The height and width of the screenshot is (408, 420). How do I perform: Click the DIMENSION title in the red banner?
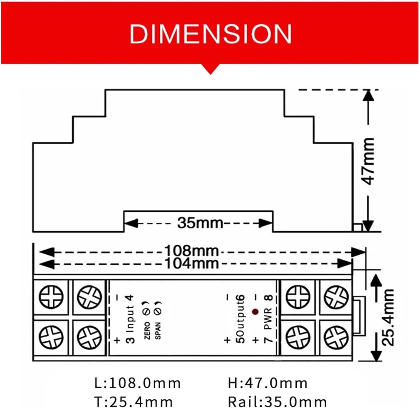[x=210, y=34]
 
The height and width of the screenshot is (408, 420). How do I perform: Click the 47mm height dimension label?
[x=368, y=161]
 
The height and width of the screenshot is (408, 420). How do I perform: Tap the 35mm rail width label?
[x=200, y=223]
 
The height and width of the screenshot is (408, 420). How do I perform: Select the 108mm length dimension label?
[x=191, y=251]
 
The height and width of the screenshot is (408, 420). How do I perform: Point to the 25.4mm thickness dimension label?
[x=388, y=317]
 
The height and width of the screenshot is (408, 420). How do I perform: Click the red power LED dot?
[x=255, y=312]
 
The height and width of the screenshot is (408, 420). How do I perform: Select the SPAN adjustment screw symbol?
[x=158, y=311]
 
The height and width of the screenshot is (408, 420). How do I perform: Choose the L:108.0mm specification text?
[x=137, y=383]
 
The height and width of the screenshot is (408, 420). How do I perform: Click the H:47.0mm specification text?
[x=267, y=383]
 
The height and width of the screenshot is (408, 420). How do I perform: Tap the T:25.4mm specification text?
[x=133, y=402]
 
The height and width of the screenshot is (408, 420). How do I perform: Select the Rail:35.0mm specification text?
[x=277, y=402]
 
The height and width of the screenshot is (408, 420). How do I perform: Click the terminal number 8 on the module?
[x=269, y=298]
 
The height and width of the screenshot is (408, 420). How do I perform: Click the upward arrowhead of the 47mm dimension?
[x=368, y=95]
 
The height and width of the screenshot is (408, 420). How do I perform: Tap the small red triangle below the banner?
[x=210, y=69]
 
